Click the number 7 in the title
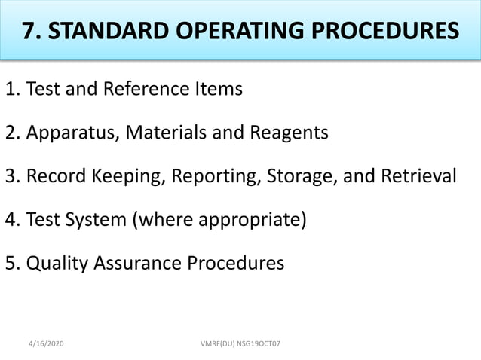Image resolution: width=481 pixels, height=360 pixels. (28, 31)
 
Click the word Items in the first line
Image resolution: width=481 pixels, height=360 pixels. (219, 90)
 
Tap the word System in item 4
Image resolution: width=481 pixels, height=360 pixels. (94, 221)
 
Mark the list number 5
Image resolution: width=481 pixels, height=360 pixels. (11, 264)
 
